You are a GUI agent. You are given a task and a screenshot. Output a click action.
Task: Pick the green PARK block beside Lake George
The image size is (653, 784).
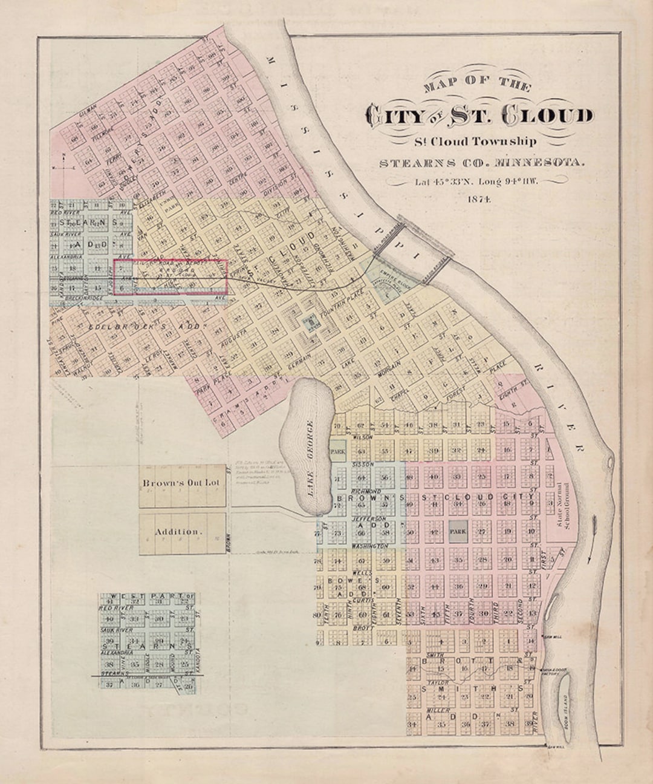point(337,451)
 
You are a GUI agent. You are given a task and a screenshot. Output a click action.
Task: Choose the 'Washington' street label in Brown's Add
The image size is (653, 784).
point(369,546)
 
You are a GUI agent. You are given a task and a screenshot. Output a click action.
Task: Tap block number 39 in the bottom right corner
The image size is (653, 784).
point(530,723)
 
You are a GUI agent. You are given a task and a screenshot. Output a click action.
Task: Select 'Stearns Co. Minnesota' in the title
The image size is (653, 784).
point(482,163)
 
